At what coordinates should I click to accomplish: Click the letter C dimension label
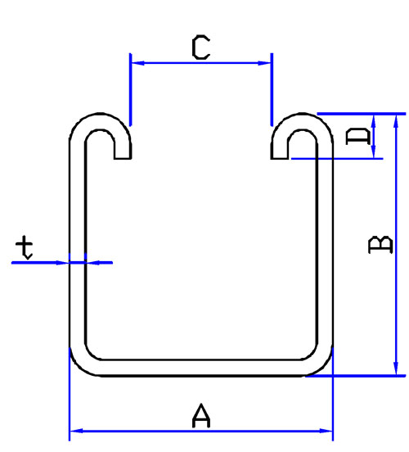[x=200, y=47]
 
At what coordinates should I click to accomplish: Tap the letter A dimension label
[x=201, y=415]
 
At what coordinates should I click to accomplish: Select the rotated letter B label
[x=380, y=245]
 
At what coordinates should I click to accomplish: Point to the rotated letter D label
[x=358, y=137]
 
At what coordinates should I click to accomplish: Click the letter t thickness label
[x=25, y=247]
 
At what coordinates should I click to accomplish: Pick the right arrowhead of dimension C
[x=264, y=63]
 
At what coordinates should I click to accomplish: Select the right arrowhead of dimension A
[x=326, y=431]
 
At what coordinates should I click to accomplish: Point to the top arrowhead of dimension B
[x=396, y=121]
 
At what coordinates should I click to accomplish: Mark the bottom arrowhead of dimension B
[x=396, y=368]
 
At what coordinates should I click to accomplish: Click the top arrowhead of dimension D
[x=374, y=120]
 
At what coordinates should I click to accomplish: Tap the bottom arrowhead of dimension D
[x=374, y=152]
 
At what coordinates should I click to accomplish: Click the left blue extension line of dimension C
[x=131, y=89]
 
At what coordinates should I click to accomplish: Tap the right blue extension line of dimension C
[x=272, y=89]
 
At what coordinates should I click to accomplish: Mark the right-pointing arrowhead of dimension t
[x=62, y=263]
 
